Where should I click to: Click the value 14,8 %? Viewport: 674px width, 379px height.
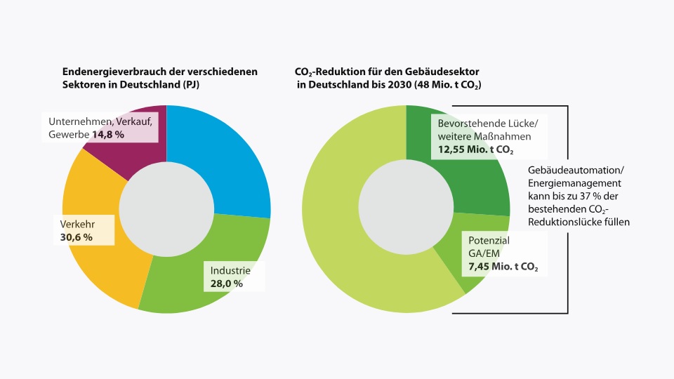tap(108, 135)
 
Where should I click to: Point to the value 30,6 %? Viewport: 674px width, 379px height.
tap(76, 237)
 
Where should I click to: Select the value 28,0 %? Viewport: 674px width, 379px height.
tap(227, 284)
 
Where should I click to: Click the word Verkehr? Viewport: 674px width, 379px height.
tap(77, 225)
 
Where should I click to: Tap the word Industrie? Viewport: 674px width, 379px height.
tap(230, 271)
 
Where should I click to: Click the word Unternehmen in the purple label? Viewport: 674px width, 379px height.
tap(74, 121)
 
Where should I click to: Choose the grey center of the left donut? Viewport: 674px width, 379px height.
tap(166, 209)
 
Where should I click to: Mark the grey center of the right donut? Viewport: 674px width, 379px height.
tap(407, 206)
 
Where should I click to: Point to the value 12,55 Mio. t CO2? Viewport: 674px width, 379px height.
tap(476, 149)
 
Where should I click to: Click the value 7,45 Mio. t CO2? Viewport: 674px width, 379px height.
tap(503, 267)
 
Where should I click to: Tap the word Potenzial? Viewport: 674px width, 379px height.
tap(489, 241)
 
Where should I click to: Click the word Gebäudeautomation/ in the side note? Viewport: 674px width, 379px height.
tap(576, 170)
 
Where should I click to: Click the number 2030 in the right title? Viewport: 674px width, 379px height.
tap(399, 85)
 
